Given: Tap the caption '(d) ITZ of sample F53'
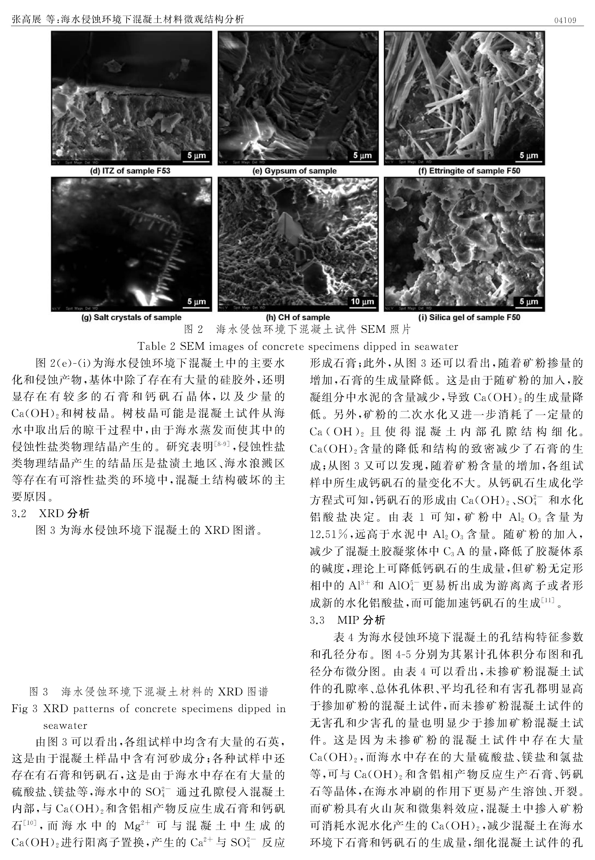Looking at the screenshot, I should pyautogui.click(x=131, y=171).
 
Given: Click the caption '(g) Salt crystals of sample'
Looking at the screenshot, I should pyautogui.click(x=131, y=318).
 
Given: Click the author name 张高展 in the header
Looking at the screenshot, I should pyautogui.click(x=26, y=19).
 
